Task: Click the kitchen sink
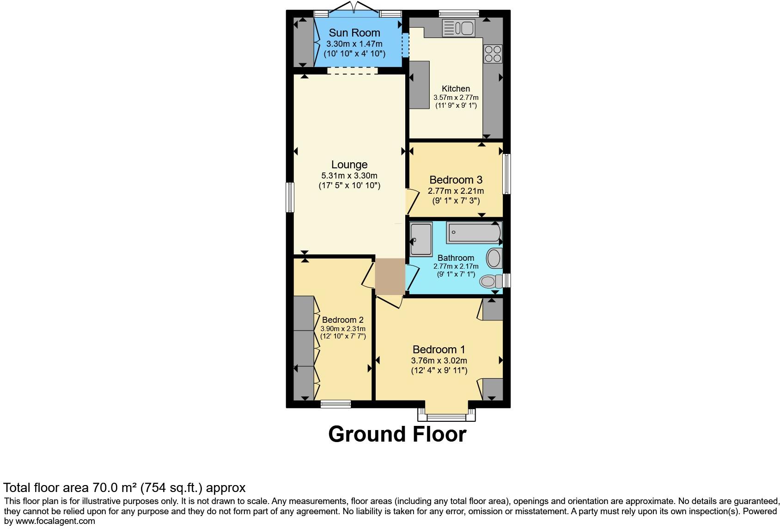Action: (458, 28)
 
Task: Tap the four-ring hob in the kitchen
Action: (493, 54)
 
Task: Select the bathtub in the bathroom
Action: (474, 232)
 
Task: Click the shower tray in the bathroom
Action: (421, 240)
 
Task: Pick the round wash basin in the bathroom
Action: (494, 258)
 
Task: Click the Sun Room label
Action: (354, 33)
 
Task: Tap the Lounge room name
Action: (349, 165)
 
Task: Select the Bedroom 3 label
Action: (456, 180)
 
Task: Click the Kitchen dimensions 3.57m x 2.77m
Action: (456, 98)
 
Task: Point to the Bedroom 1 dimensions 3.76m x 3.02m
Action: (439, 361)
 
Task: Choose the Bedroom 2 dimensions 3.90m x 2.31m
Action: (343, 329)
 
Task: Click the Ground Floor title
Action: (397, 434)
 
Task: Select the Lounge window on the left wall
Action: (290, 197)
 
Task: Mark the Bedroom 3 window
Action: (506, 174)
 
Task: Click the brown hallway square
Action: (390, 277)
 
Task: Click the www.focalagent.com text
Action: (55, 521)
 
